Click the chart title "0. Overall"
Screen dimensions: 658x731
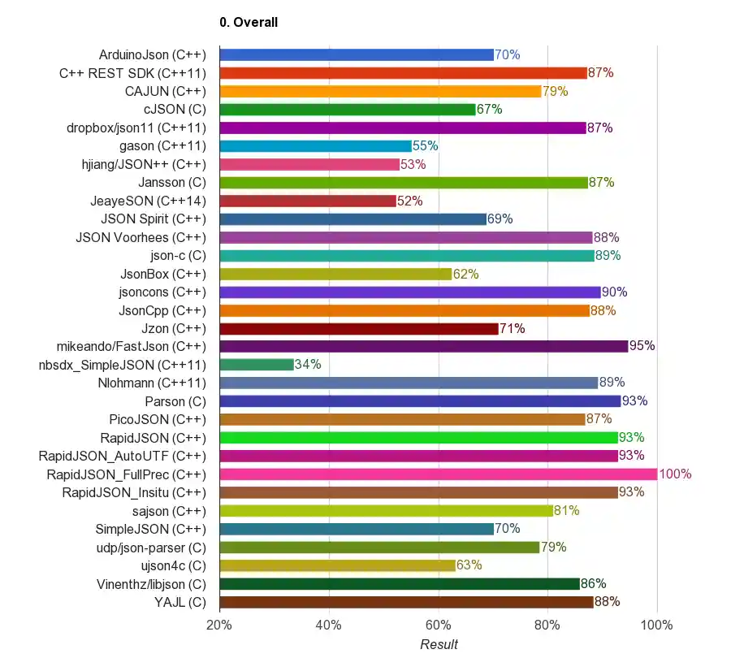click(x=249, y=23)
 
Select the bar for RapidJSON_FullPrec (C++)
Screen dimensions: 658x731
click(x=438, y=474)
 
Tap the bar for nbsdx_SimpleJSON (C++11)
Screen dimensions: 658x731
click(x=257, y=365)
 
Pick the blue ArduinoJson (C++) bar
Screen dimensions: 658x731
click(x=357, y=55)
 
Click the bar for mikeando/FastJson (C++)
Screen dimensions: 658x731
click(x=423, y=346)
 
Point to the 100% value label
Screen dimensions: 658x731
click(x=675, y=474)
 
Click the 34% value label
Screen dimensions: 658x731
click(x=308, y=365)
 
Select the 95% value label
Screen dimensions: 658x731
click(x=642, y=346)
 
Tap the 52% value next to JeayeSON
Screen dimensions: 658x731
click(x=409, y=201)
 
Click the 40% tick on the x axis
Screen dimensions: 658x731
click(x=328, y=625)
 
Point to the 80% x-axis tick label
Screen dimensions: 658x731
click(x=547, y=625)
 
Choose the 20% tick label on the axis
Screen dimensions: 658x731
click(x=219, y=625)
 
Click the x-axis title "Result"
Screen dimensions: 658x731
click(x=439, y=644)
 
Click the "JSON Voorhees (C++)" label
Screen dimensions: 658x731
click(x=141, y=237)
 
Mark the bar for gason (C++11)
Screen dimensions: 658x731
click(x=316, y=146)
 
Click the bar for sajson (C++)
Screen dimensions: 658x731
click(x=386, y=511)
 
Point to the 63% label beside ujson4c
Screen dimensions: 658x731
click(x=469, y=565)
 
